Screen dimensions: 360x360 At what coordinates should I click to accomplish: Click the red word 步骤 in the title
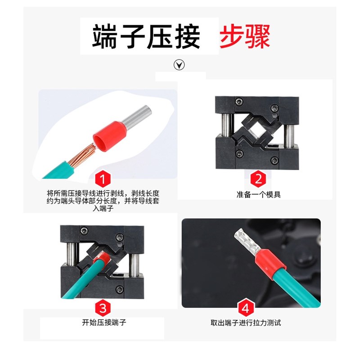pos(245,37)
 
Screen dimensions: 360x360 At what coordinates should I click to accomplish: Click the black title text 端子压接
pos(147,37)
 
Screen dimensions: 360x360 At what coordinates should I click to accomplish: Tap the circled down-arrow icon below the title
pos(180,65)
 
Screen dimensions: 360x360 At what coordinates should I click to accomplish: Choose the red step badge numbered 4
pos(246,308)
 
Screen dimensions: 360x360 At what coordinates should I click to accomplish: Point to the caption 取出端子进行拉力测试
pos(246,323)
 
